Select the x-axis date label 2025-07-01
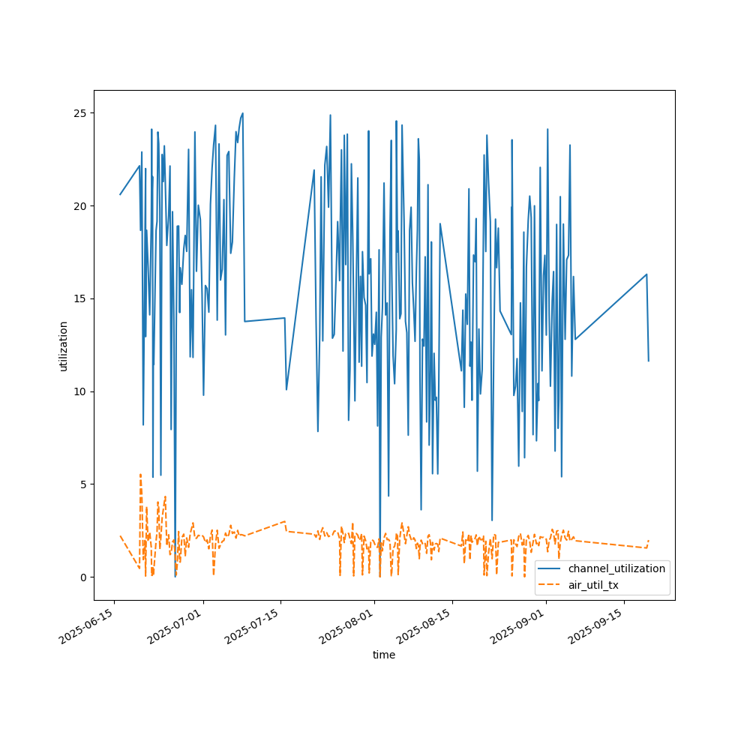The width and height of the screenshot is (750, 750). coord(175,627)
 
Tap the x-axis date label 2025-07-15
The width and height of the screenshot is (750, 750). coord(253,627)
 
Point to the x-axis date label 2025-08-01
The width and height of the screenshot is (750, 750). coord(347,627)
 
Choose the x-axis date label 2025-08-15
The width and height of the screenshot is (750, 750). coord(425,627)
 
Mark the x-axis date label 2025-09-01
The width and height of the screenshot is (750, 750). coord(519,627)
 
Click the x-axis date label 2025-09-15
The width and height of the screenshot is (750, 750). coord(597,627)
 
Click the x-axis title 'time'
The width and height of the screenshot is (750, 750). coord(384,655)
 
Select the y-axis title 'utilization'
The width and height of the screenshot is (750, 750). coord(64,346)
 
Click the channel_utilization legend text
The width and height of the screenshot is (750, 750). coord(616,568)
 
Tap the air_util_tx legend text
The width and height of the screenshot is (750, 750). coord(593,585)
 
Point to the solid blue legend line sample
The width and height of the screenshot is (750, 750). coord(550,568)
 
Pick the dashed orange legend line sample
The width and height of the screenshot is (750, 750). coord(550,585)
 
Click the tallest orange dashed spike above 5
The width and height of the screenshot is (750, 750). coord(140,475)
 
